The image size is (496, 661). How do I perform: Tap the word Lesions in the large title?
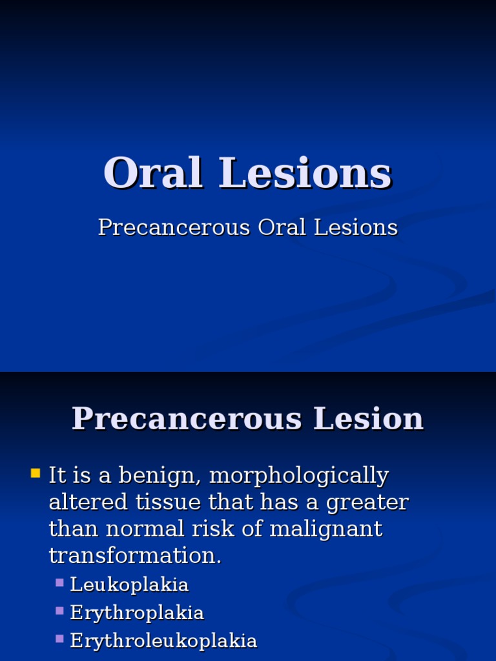tap(305, 174)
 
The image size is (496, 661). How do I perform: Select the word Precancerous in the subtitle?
tap(174, 227)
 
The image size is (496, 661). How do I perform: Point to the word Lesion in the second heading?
tap(368, 418)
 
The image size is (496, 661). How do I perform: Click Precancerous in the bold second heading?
tap(187, 418)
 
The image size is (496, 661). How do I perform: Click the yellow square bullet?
tap(36, 474)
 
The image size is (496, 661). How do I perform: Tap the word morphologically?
tap(299, 476)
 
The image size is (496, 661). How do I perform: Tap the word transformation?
tap(135, 555)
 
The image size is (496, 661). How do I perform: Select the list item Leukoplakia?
tap(129, 585)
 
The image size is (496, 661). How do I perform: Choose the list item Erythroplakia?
tap(137, 613)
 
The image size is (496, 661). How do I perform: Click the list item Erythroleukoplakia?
tap(163, 640)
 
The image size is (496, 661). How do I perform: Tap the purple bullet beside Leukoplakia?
tap(59, 583)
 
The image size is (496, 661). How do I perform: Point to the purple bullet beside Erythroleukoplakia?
tap(59, 638)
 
